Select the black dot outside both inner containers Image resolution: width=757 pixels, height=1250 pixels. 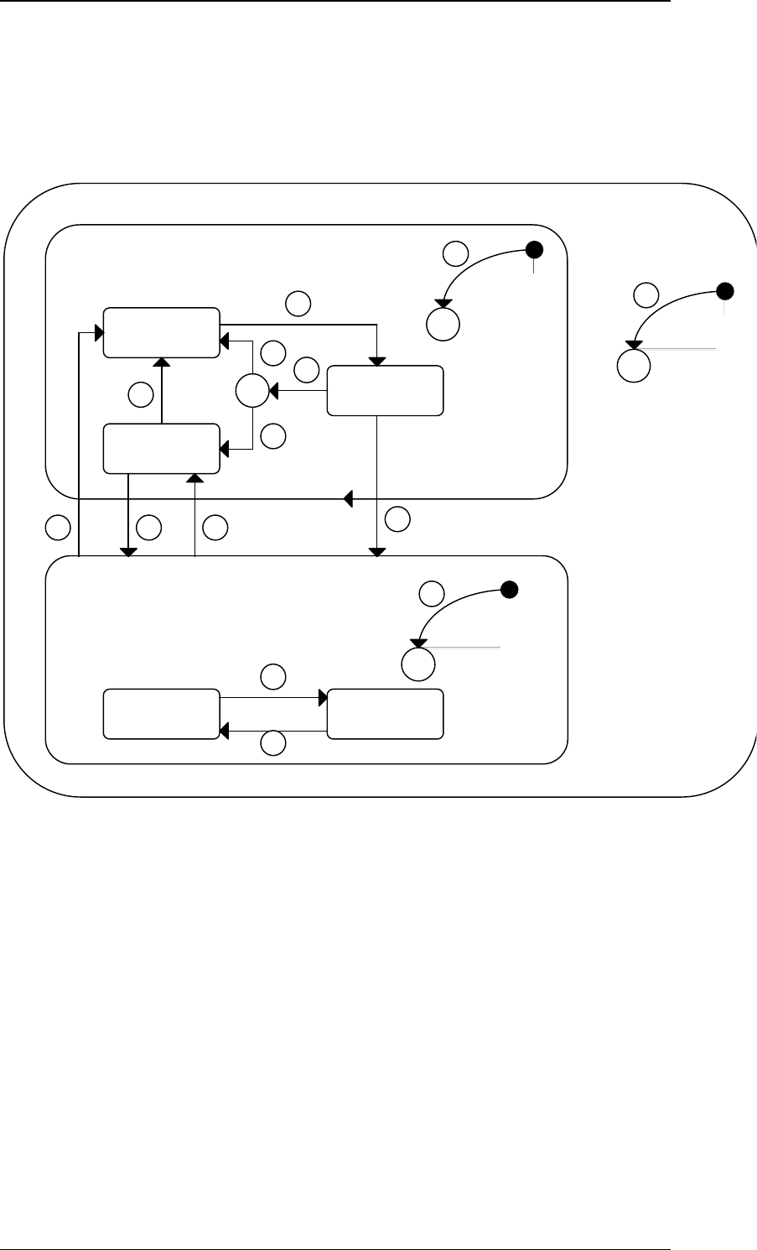[x=726, y=292]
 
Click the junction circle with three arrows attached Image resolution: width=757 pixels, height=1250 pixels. [x=250, y=391]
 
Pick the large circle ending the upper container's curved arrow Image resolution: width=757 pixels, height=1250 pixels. [x=443, y=323]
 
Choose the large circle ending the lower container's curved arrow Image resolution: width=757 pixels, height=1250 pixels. [x=417, y=664]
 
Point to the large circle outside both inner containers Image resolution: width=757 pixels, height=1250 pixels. [x=633, y=365]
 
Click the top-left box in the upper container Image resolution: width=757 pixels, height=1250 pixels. [x=161, y=333]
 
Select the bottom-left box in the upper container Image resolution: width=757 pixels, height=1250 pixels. [x=161, y=449]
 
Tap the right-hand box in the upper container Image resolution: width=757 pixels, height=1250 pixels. [x=385, y=390]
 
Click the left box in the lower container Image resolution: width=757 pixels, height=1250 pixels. [x=161, y=714]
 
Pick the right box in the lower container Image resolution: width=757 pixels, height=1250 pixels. [x=385, y=714]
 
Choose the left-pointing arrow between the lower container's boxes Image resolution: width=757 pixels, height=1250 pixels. [x=273, y=732]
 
